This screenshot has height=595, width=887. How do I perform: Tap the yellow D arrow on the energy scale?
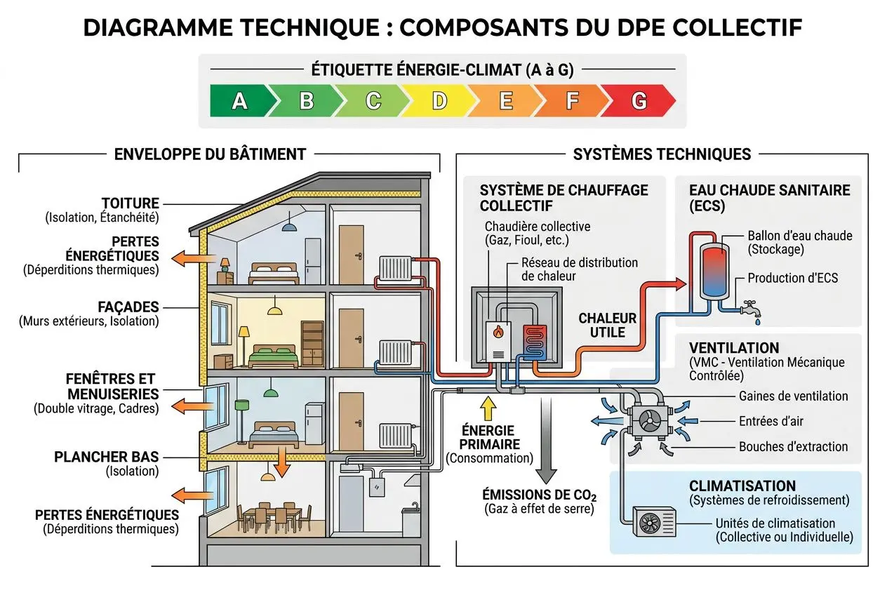pyautogui.click(x=439, y=102)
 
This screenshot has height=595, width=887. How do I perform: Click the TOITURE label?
pyautogui.click(x=131, y=203)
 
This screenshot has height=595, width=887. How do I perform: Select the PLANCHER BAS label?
pyautogui.click(x=106, y=457)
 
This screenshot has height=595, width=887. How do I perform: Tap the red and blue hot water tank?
pyautogui.click(x=714, y=269)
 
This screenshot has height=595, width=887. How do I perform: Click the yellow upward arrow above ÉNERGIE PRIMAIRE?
pyautogui.click(x=486, y=409)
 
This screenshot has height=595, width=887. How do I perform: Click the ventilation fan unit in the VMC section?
pyautogui.click(x=646, y=422)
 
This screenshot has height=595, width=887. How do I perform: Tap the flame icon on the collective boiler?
pyautogui.click(x=498, y=332)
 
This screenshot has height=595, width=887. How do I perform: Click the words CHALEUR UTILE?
pyautogui.click(x=607, y=325)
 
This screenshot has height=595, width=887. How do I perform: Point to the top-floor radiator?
pyautogui.click(x=394, y=268)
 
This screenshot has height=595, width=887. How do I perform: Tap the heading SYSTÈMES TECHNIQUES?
pyautogui.click(x=662, y=154)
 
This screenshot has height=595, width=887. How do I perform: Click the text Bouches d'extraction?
pyautogui.click(x=793, y=446)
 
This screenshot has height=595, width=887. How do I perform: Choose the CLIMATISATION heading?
pyautogui.click(x=742, y=486)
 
